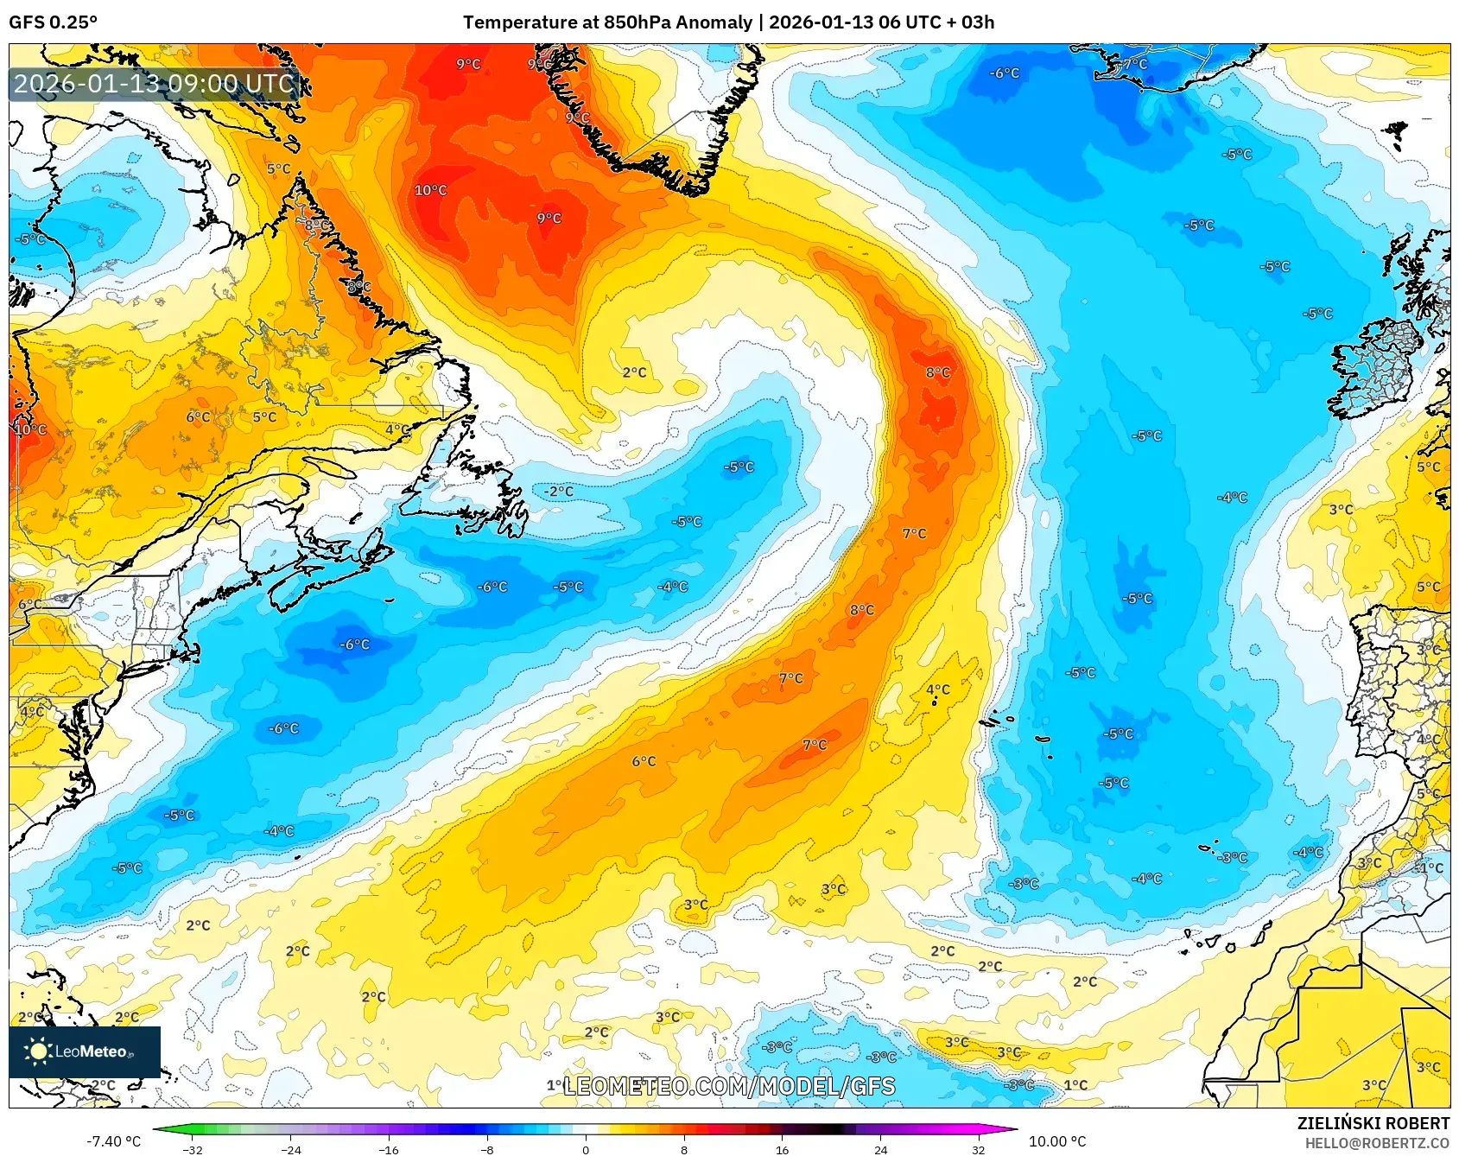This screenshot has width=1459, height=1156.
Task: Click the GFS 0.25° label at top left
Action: (x=53, y=22)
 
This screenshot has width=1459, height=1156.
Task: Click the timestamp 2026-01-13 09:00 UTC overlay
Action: (x=154, y=84)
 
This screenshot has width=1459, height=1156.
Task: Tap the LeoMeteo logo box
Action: (x=85, y=1051)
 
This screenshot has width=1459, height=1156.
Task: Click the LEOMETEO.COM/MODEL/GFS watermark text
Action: (x=729, y=1086)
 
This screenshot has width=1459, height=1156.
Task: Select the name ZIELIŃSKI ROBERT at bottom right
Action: (x=1373, y=1123)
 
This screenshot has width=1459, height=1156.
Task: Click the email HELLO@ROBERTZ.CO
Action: (x=1376, y=1143)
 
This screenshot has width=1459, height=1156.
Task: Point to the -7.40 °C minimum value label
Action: (x=113, y=1141)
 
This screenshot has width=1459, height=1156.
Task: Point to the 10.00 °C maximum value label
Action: (x=1056, y=1141)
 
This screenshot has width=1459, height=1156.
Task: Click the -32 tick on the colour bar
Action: (x=193, y=1150)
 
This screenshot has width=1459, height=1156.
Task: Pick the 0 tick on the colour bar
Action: (x=586, y=1150)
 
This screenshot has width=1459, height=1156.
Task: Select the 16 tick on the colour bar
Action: (x=782, y=1150)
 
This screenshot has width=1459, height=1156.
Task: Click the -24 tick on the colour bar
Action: (x=291, y=1150)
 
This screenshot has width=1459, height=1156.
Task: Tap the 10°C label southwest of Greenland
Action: (x=430, y=190)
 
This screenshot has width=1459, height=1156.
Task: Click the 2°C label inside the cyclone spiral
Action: (x=634, y=372)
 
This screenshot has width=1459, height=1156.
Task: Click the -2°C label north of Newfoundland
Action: (x=558, y=491)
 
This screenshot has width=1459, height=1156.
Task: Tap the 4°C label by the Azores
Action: (x=937, y=689)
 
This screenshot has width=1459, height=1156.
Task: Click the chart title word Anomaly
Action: (x=714, y=22)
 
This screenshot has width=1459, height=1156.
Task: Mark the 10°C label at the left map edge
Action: (x=30, y=429)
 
